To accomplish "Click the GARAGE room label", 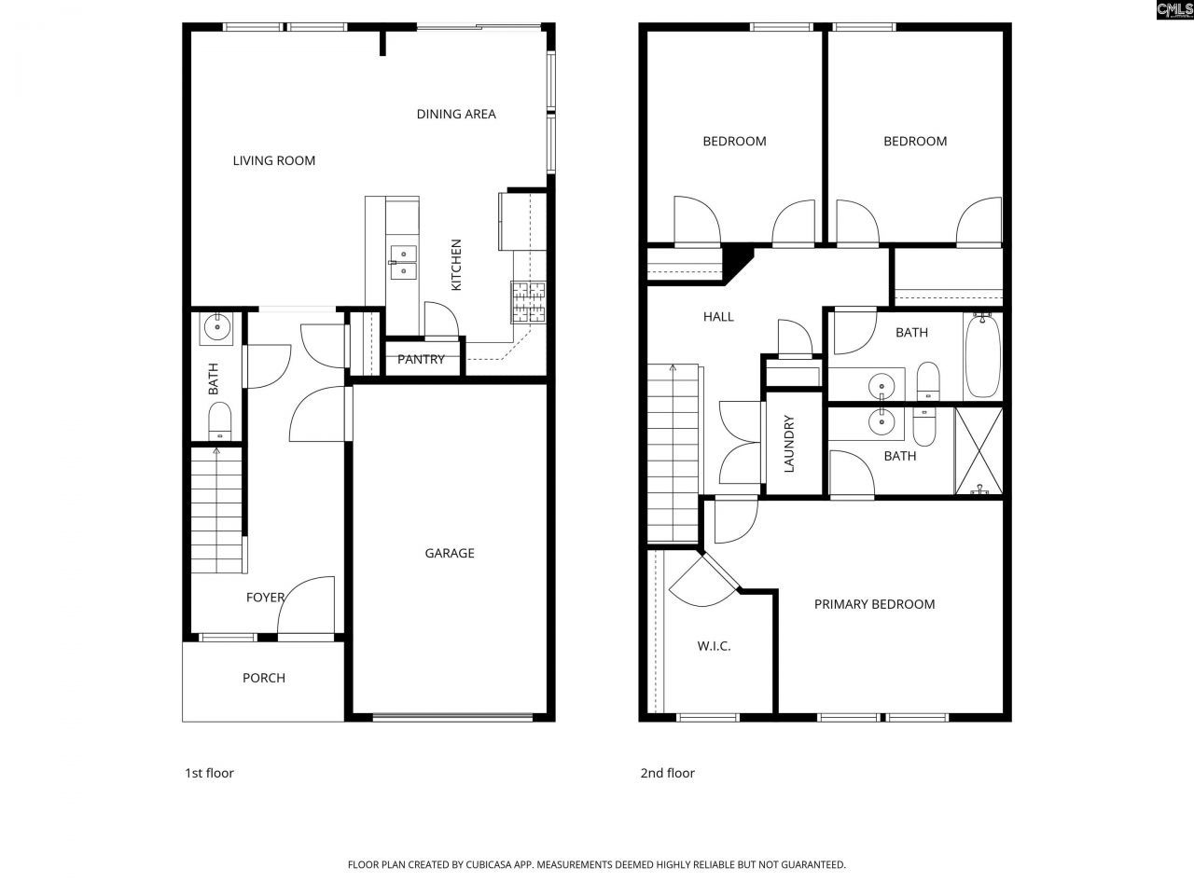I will pos(450,553).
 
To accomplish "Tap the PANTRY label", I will pos(421,359).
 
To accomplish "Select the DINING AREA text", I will pos(456,114).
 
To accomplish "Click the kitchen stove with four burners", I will pos(528,301).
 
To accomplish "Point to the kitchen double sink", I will pos(403,262).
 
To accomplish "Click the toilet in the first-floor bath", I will pos(219,421).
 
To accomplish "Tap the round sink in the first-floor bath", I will pos(218,325).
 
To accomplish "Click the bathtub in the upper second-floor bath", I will pos(982,356).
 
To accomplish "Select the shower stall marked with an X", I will pos(979,450).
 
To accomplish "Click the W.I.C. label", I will pos(714,645).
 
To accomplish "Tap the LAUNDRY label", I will pos(789,444).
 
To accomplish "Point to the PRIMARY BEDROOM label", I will pos(874,604).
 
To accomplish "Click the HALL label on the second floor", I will pos(718,317).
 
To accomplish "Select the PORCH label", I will pos(264,678).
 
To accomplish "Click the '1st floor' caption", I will pos(209,773).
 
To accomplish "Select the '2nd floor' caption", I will pos(667,773).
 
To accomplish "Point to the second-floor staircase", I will pos(673,452).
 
